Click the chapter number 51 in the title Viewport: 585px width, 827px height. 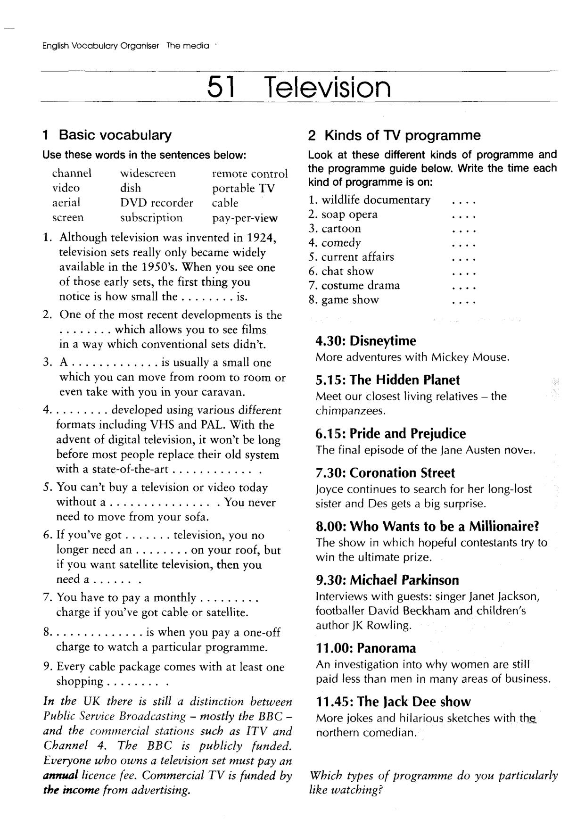221,87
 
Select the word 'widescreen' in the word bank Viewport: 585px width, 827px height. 148,174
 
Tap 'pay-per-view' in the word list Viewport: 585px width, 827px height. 245,218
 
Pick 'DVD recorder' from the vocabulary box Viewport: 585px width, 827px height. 157,203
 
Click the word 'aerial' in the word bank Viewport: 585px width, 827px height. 66,203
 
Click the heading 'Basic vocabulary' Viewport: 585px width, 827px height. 115,135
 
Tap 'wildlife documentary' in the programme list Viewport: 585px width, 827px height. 376,200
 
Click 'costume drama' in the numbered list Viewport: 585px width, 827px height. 361,285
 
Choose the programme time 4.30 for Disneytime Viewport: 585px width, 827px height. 330,340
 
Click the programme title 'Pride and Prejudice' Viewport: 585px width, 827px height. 408,433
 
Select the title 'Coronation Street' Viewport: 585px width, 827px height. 402,473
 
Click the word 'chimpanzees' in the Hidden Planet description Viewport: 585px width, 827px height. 351,411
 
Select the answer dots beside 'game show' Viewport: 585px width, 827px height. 464,301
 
